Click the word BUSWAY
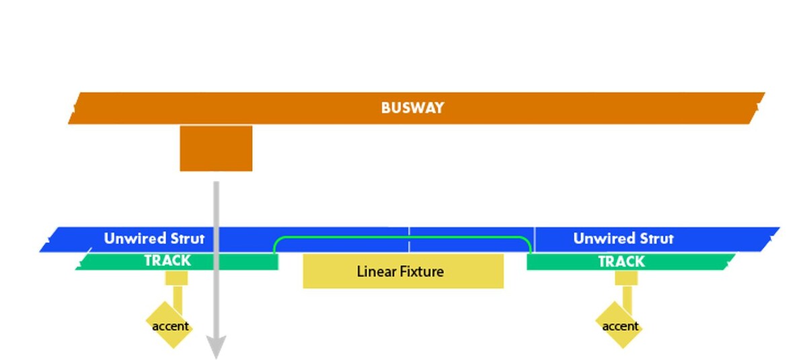[x=412, y=108]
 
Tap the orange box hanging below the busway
[x=216, y=148]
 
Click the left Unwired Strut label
[x=154, y=238]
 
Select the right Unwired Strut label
[x=623, y=238]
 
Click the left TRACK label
[x=167, y=260]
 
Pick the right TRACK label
[x=621, y=261]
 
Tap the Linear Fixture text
[x=400, y=272]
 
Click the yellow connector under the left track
[x=176, y=278]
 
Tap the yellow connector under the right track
[x=626, y=278]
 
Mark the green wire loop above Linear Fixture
[x=402, y=238]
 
